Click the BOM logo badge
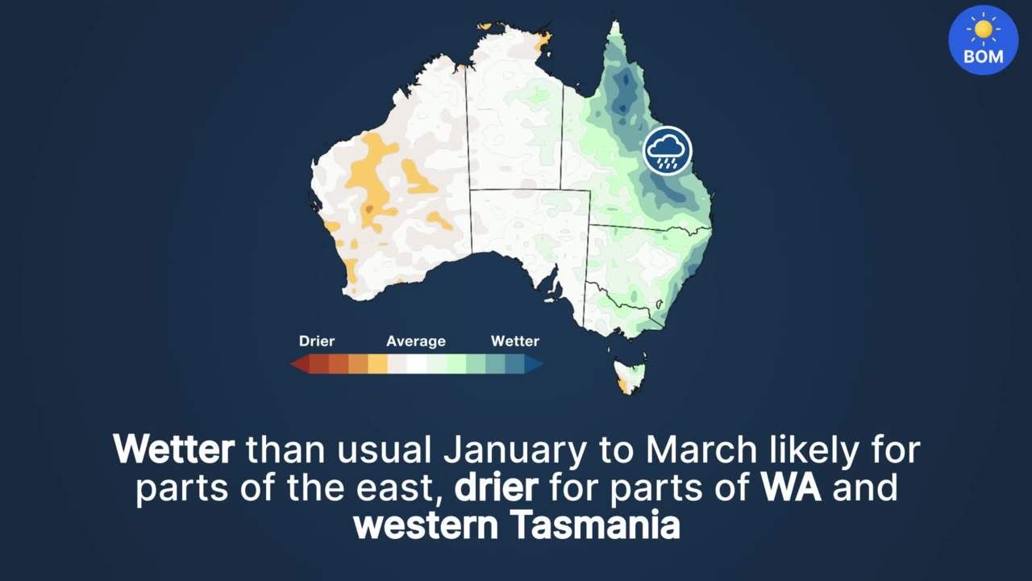pos(983,40)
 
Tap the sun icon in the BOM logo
pos(983,30)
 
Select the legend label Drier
pos(317,341)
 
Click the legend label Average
pos(416,341)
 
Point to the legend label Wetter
pos(515,341)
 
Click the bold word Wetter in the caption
pos(173,449)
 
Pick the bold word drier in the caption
pos(496,487)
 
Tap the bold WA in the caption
pos(790,487)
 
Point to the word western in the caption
pos(426,526)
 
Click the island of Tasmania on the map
pos(630,376)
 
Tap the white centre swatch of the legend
pos(417,365)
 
